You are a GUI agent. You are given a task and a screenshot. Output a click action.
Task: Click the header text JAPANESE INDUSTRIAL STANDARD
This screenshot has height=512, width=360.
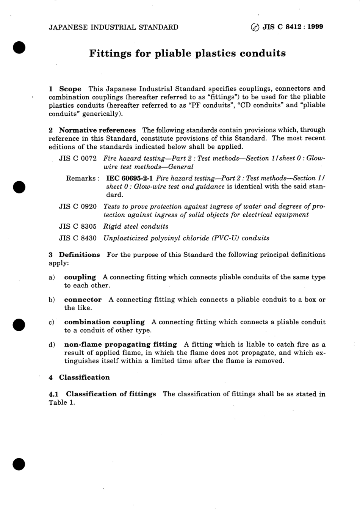[113, 27]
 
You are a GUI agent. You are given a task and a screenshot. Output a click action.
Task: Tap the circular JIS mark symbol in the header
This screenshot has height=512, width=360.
[255, 27]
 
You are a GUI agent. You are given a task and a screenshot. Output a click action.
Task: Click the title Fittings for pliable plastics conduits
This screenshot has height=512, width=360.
[187, 53]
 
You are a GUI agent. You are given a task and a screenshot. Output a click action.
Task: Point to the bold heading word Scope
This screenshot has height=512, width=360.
[70, 89]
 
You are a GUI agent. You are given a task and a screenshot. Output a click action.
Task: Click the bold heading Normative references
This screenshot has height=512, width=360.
[97, 130]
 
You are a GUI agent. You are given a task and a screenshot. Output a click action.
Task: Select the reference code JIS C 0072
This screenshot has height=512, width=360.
[78, 159]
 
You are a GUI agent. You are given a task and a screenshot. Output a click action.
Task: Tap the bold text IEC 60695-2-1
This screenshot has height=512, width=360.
[130, 178]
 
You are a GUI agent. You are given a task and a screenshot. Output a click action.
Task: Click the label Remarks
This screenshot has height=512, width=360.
[82, 178]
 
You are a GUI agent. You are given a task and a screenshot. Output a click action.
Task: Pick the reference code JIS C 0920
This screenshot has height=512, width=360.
[78, 207]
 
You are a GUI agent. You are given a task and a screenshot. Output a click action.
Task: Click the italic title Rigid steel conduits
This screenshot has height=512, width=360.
[136, 226]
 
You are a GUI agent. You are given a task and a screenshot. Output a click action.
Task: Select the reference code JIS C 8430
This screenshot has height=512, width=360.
[78, 238]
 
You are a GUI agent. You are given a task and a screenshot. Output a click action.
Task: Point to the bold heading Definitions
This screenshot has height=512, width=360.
[79, 255]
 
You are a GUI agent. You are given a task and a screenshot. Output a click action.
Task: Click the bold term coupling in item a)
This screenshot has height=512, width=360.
[80, 277]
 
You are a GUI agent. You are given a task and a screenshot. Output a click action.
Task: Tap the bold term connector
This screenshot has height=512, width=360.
[83, 300]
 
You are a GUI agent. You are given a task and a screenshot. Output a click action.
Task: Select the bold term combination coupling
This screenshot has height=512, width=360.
[104, 322]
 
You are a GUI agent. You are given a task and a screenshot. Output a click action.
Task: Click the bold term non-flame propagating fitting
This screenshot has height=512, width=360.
[121, 344]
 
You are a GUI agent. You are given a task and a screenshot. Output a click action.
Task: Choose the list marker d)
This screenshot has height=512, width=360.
[52, 345]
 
